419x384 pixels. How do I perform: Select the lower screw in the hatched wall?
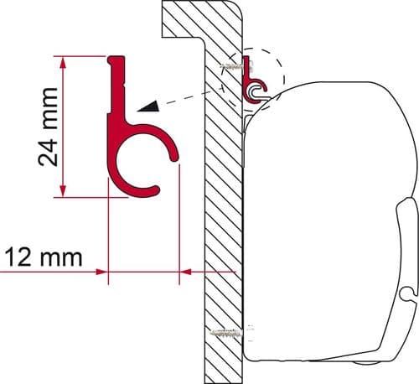pos(225,335)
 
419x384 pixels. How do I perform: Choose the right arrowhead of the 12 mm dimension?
pos(186,271)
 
